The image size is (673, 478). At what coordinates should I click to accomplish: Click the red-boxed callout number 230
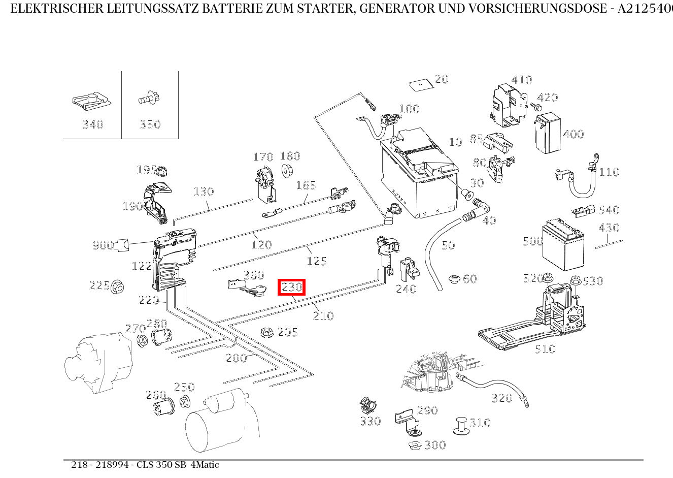point(292,287)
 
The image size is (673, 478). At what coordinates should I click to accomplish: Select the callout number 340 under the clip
point(93,124)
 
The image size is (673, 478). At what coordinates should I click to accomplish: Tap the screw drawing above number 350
point(149,98)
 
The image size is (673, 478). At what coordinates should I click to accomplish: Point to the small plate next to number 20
point(419,84)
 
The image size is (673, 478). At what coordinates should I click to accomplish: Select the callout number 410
point(521,80)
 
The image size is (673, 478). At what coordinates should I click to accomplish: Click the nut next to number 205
point(264,332)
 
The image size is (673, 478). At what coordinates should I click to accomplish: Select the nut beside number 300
point(414,445)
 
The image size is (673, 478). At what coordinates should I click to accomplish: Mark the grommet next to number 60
point(454,279)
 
